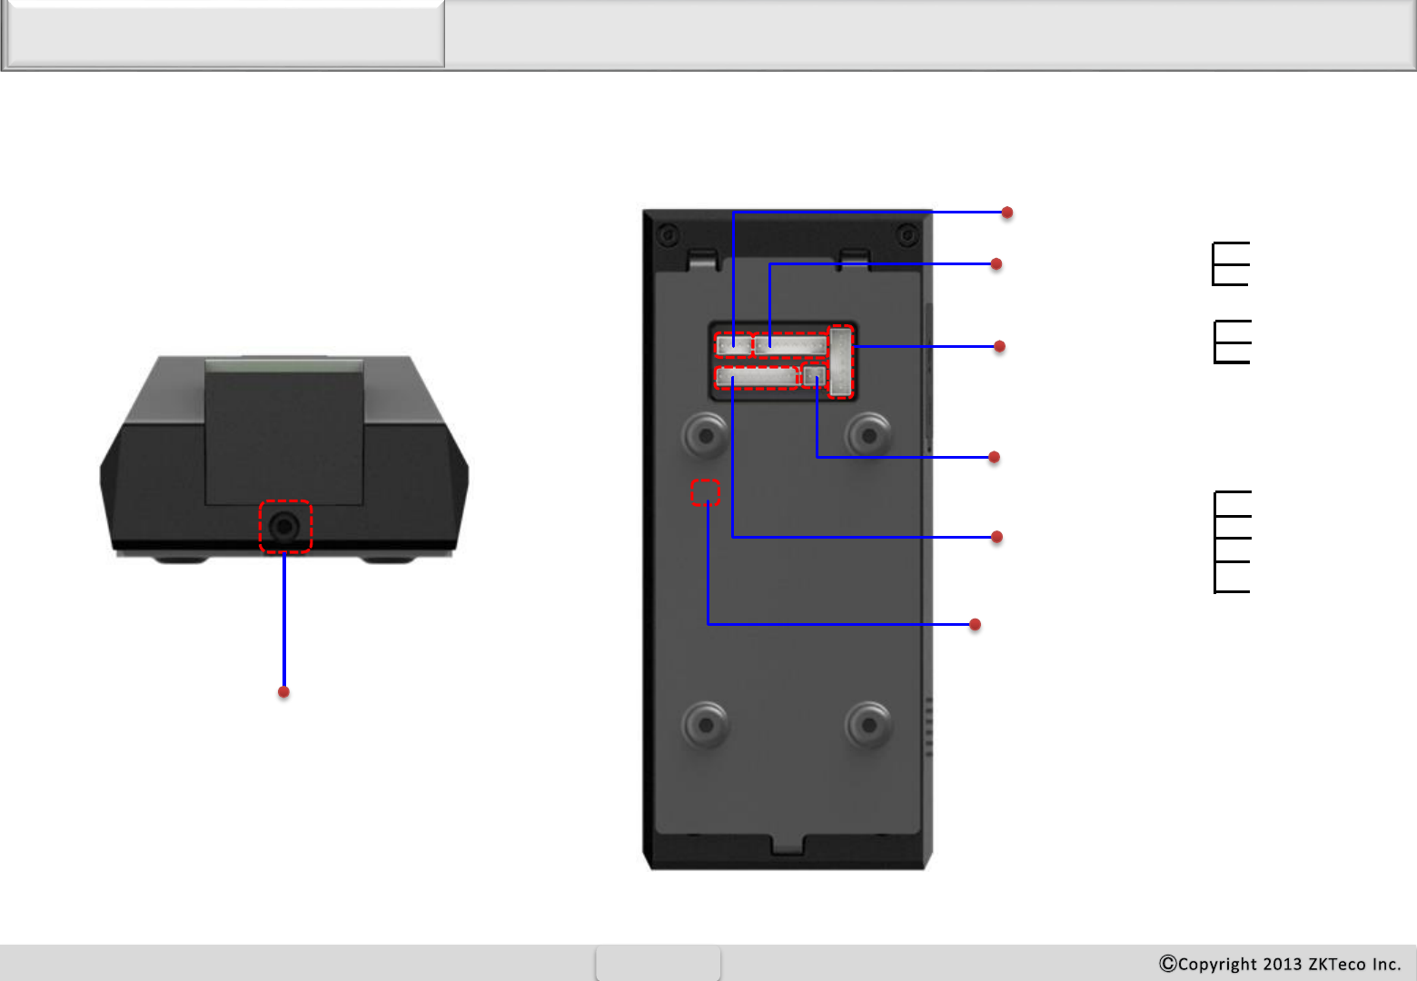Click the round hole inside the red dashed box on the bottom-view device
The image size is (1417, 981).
284,526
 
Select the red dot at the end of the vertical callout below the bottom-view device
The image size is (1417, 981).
283,692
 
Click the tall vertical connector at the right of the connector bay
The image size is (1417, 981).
841,362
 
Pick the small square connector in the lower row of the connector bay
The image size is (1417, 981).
814,376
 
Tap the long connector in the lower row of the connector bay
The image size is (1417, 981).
757,377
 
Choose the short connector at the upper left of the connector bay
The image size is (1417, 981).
734,345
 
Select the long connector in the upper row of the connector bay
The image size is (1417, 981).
791,345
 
